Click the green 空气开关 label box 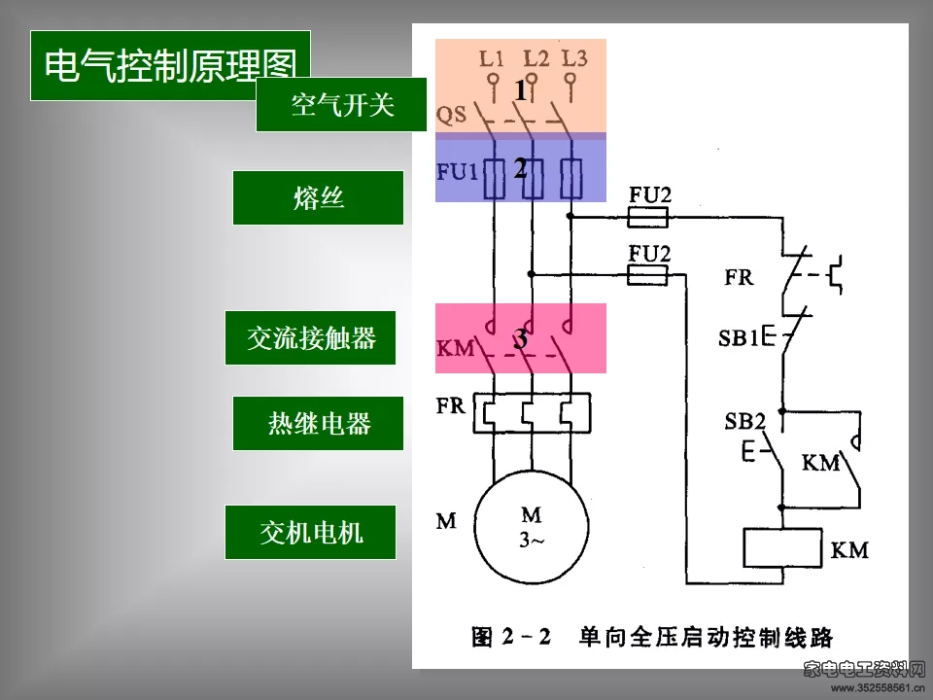[x=341, y=104]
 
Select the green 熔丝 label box [x=318, y=197]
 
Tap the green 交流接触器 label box [x=310, y=337]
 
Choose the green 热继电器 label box [x=318, y=423]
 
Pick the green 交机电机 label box [x=310, y=532]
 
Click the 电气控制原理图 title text [x=170, y=64]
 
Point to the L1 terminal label [x=492, y=58]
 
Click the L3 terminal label [x=574, y=58]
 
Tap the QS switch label [x=451, y=114]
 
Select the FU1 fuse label [x=457, y=172]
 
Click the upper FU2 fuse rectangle [x=647, y=217]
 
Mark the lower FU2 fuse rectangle [x=647, y=275]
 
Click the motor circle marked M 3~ [x=532, y=527]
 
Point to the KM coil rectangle [x=782, y=547]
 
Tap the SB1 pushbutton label [x=738, y=338]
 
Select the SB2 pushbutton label [x=745, y=421]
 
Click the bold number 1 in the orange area [x=521, y=90]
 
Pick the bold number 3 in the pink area [x=521, y=338]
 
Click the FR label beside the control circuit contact [x=739, y=277]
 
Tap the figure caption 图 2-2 [x=510, y=637]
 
